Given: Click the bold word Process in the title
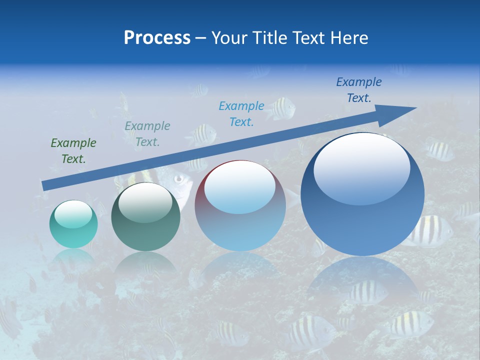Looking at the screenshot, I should click(x=157, y=38).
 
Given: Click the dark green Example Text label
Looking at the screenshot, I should click(x=73, y=151).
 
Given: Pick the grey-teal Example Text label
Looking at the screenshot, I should click(x=147, y=134).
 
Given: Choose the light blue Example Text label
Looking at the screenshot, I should click(x=241, y=113).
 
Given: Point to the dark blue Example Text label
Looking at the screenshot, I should click(x=358, y=90).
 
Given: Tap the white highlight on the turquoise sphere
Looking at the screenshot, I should click(x=73, y=214).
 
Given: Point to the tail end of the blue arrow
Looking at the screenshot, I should click(x=46, y=185).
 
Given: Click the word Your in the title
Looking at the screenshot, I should click(x=228, y=38).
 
